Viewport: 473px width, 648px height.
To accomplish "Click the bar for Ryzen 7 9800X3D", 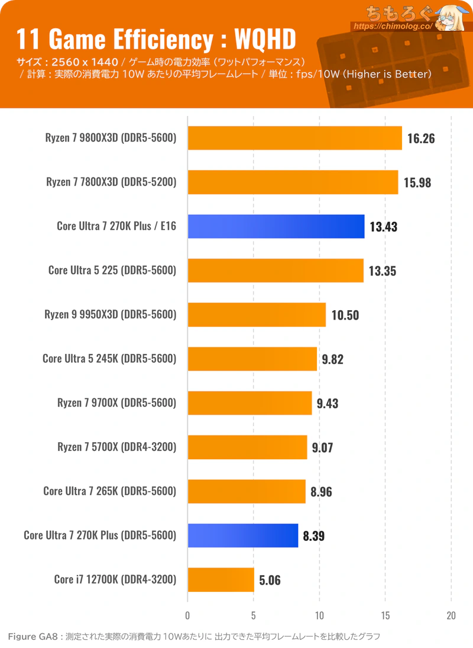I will click(294, 138).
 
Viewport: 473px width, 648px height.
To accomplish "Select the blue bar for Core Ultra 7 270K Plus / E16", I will click(276, 226).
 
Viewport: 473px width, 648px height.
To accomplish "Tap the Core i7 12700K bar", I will click(221, 579).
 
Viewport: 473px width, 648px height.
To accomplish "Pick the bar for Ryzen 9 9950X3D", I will click(257, 314).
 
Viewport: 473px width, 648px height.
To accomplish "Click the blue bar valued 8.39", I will click(242, 536).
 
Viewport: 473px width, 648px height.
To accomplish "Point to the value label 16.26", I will click(421, 138).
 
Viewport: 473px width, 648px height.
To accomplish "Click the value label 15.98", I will click(417, 182).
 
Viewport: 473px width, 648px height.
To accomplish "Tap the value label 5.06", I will click(270, 580).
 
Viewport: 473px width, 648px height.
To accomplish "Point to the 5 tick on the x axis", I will click(254, 614).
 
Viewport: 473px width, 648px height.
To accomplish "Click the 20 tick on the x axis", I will click(451, 614).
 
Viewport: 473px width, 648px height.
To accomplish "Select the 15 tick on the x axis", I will click(385, 614).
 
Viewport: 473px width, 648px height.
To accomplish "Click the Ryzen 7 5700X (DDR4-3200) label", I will click(116, 447).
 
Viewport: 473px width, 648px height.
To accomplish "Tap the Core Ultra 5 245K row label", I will click(109, 359).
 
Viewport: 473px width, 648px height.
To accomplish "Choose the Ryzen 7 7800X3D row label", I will click(111, 182).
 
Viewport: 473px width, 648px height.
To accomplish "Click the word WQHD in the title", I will click(264, 40).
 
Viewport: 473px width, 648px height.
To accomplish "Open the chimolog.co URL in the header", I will click(393, 27).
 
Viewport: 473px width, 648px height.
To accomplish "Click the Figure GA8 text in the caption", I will click(33, 637).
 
